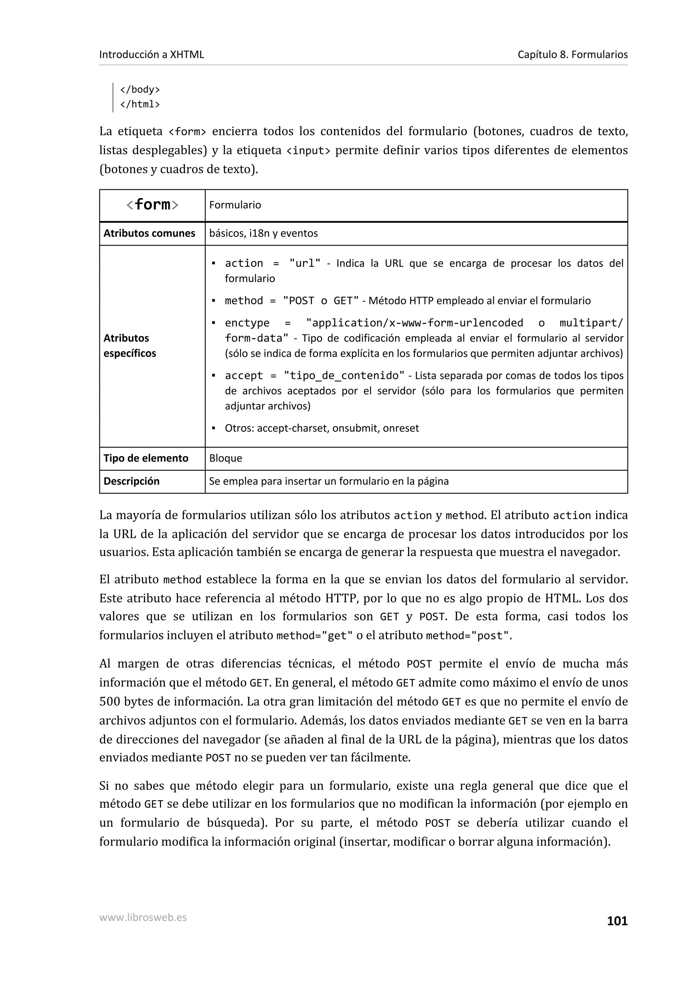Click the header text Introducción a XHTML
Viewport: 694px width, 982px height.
click(151, 54)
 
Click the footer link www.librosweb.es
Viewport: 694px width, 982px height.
click(143, 917)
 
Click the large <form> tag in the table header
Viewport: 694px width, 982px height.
click(152, 205)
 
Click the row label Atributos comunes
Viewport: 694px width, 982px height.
click(149, 233)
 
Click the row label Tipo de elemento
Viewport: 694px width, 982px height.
click(146, 458)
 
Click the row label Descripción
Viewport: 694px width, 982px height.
click(131, 481)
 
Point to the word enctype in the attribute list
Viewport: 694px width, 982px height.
click(247, 323)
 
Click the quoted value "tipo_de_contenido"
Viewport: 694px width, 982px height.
click(344, 375)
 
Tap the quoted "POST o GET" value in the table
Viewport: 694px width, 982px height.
click(321, 301)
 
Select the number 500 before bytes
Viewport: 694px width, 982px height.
click(109, 701)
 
